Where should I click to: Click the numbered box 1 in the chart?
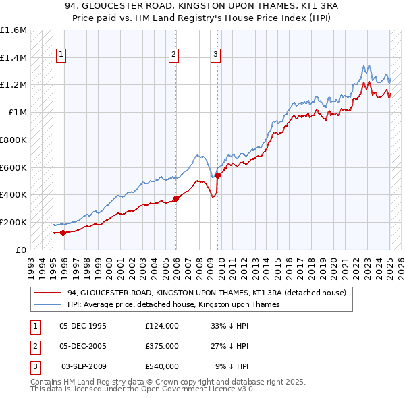tap(61, 55)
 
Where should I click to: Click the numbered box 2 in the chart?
tap(173, 55)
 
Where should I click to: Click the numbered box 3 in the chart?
tap(215, 55)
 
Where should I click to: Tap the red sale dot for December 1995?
tap(63, 233)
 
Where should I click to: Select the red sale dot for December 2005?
tap(175, 198)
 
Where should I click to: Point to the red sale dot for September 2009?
tap(217, 175)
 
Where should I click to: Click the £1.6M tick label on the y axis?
tap(13, 30)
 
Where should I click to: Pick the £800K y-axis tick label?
tap(13, 140)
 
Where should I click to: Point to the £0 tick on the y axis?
tap(22, 249)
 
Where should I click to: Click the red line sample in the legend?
tap(47, 293)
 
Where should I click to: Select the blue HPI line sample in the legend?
tap(47, 304)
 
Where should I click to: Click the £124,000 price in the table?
tap(162, 326)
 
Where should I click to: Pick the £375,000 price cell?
tap(162, 346)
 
